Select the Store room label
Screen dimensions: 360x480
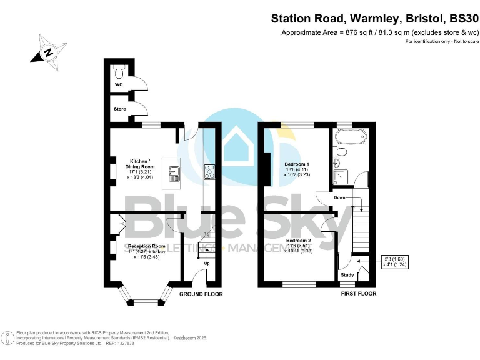click(119, 109)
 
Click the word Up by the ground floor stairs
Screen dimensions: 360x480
click(207, 263)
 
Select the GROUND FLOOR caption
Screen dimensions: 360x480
click(201, 294)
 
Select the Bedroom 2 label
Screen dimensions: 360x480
click(298, 241)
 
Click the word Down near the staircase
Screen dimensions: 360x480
click(340, 197)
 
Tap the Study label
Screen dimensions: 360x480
click(347, 274)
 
